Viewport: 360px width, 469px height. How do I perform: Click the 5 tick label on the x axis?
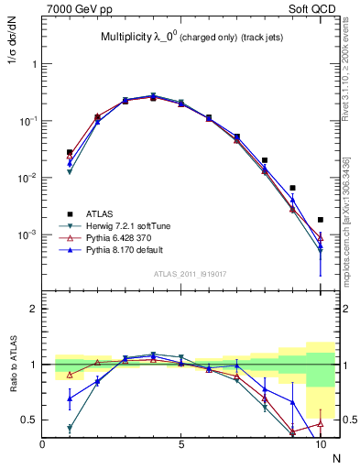pyautogui.click(x=181, y=444)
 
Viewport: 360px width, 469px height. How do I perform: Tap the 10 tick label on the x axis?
pyautogui.click(x=320, y=444)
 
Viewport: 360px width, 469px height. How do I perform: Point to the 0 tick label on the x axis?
pyautogui.click(x=43, y=444)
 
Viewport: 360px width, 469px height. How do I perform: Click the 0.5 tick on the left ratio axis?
pyautogui.click(x=30, y=420)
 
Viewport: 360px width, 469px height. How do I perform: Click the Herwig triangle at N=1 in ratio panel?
pyautogui.click(x=70, y=428)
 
